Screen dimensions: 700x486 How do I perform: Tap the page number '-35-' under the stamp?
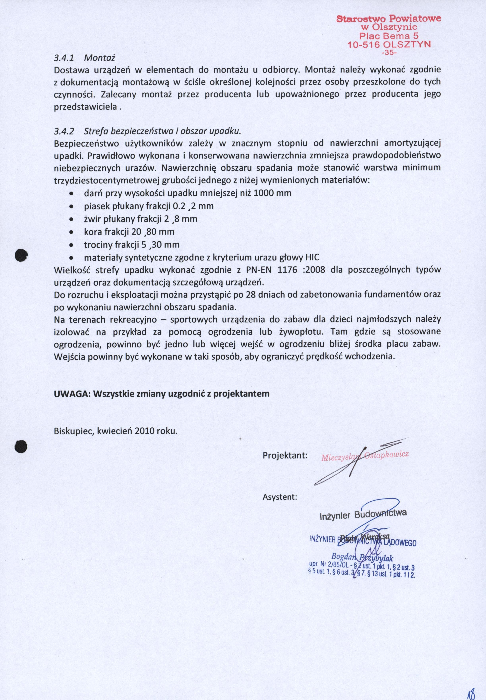click(389, 52)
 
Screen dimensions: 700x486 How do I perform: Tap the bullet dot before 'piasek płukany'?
click(71, 206)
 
